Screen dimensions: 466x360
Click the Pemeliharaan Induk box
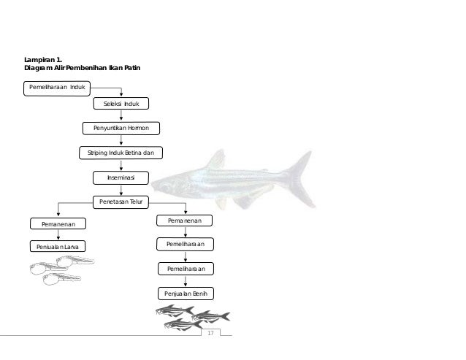(56, 88)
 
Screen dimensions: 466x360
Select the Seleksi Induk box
(121, 104)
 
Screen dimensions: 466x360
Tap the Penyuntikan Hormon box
(121, 129)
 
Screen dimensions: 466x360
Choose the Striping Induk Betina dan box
(121, 153)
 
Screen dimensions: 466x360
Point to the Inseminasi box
(121, 177)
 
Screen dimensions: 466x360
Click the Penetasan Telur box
(121, 202)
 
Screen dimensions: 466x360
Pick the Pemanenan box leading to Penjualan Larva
(57, 223)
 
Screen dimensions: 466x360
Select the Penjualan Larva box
(57, 248)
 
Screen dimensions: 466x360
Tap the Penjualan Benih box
(186, 294)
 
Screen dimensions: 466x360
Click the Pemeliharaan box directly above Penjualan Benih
(186, 269)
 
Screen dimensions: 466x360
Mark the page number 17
(211, 333)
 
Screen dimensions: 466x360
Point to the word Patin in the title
(131, 68)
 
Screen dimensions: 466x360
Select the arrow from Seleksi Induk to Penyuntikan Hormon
(121, 116)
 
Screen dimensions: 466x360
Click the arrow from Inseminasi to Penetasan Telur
(121, 190)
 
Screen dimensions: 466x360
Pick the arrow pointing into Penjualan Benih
(186, 281)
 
